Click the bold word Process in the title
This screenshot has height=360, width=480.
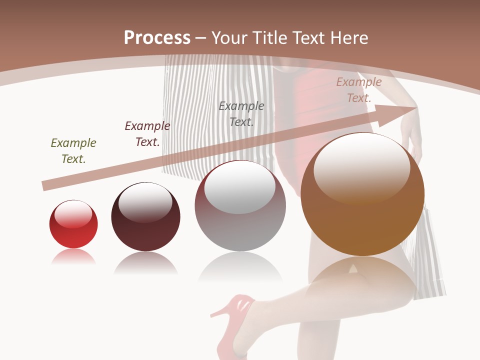tap(157, 38)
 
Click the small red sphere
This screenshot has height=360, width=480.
tap(73, 224)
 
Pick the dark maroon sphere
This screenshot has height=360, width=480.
tap(145, 217)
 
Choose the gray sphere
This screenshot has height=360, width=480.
tap(240, 206)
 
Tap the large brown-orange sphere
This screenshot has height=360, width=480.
tap(362, 194)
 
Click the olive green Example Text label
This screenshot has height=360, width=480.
tap(73, 151)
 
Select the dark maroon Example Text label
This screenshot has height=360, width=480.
tap(147, 134)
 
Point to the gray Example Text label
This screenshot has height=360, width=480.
tap(241, 113)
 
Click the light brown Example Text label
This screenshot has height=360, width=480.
tap(359, 90)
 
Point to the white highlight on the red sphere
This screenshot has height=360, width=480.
tap(73, 213)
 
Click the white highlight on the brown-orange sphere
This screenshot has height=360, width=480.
tap(361, 167)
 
